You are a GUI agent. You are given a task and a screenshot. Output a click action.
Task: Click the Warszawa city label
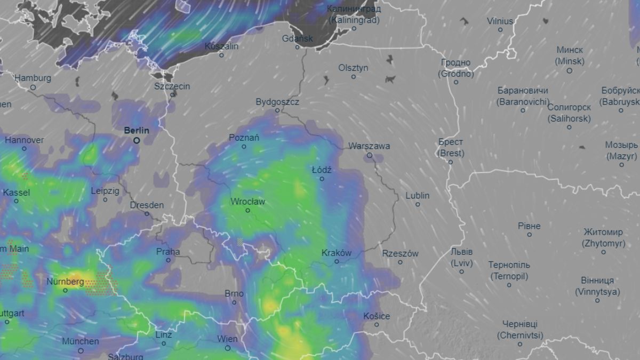(x=369, y=146)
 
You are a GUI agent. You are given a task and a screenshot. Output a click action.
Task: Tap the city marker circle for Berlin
(x=137, y=141)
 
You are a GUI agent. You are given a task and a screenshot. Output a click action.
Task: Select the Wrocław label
(x=247, y=202)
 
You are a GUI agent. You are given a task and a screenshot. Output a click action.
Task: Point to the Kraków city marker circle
(x=337, y=262)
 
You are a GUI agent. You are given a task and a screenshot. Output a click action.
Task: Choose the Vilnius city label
(x=500, y=21)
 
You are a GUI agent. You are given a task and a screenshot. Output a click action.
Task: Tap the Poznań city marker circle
(x=244, y=146)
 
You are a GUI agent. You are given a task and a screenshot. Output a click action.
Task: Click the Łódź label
(x=322, y=170)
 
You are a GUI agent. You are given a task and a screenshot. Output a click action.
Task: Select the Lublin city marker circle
(x=418, y=204)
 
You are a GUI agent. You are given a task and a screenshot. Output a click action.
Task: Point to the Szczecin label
(x=172, y=86)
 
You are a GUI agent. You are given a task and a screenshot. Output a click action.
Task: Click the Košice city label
(x=376, y=316)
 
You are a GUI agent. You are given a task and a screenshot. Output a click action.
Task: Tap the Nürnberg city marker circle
(x=66, y=290)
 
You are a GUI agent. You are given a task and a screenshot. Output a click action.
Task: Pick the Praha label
(x=168, y=252)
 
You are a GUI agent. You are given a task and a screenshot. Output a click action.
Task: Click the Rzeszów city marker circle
(x=401, y=262)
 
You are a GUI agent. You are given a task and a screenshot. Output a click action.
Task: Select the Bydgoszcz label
(x=277, y=101)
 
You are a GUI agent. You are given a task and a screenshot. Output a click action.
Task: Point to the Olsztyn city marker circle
(x=353, y=77)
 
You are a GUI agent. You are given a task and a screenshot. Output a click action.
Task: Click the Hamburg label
(x=33, y=78)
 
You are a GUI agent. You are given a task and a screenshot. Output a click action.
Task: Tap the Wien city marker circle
(x=228, y=348)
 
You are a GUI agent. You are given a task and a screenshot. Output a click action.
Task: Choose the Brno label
(x=234, y=293)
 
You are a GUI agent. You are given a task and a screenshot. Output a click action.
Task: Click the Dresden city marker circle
(x=147, y=214)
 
